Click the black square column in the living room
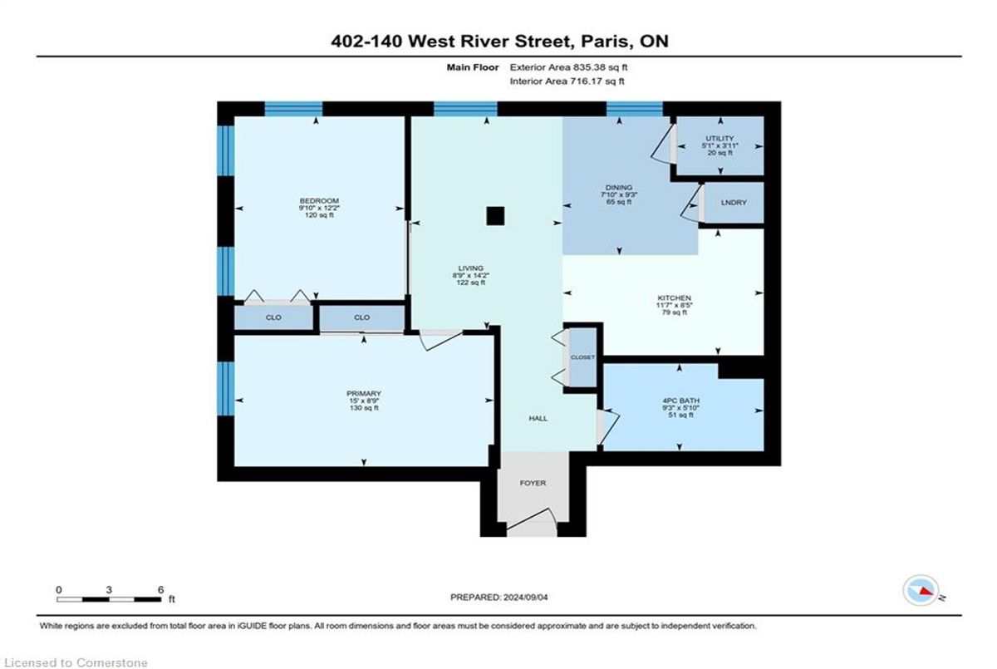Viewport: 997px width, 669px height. [495, 216]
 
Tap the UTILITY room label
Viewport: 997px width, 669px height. [720, 139]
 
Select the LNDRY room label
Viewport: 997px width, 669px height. [734, 203]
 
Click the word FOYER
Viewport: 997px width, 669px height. [533, 483]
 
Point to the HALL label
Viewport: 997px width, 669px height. [538, 418]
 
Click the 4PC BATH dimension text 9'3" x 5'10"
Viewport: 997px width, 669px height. [680, 408]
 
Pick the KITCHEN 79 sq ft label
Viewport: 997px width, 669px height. [675, 312]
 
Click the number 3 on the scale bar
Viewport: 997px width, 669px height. [109, 590]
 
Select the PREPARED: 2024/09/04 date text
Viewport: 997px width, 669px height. [499, 598]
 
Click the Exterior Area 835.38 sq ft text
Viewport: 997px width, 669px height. [568, 67]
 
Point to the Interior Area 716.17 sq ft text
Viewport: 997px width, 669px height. [567, 81]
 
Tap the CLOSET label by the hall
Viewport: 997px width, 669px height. [582, 357]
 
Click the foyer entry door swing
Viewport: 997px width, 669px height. [532, 520]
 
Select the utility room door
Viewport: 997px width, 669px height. [664, 144]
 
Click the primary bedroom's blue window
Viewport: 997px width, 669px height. [226, 389]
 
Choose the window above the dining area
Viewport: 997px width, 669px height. [634, 109]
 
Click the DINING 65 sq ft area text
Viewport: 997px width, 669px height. [619, 202]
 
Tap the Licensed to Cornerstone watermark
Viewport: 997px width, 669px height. [76, 662]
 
